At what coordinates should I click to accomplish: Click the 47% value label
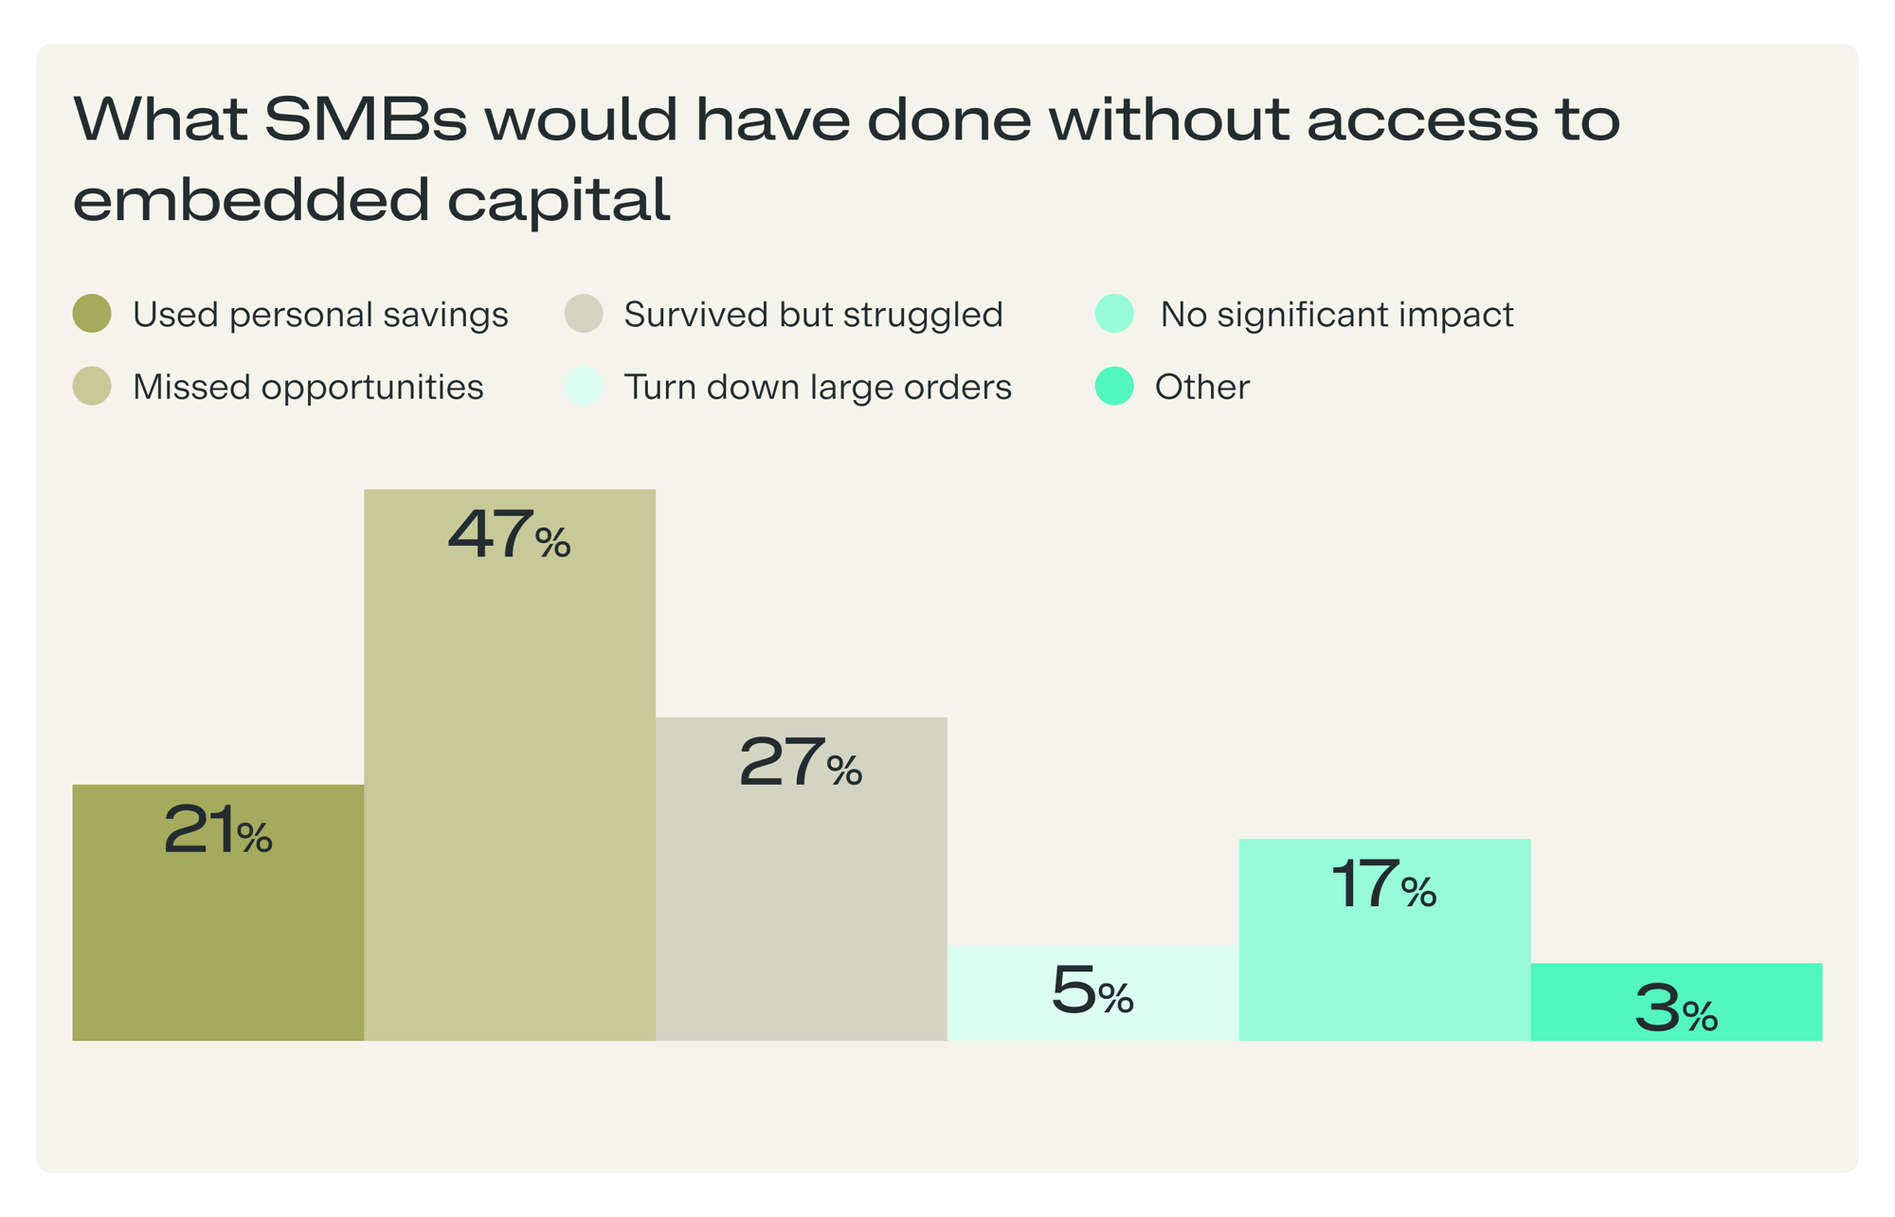pos(510,535)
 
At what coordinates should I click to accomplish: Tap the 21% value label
pos(218,831)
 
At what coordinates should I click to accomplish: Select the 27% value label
pos(801,762)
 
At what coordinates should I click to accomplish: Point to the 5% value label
pos(1092,990)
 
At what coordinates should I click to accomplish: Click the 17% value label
pos(1384,885)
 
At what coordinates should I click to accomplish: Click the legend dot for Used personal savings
pos(92,314)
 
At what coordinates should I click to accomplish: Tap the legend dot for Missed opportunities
pos(92,386)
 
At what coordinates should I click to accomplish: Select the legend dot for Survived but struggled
pos(584,314)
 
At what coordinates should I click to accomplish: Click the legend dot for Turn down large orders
pos(584,386)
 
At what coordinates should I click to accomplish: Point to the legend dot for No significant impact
pos(1114,314)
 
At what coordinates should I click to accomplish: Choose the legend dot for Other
pos(1114,386)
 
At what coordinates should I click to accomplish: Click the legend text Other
pos(1201,387)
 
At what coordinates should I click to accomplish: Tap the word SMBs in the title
pos(365,119)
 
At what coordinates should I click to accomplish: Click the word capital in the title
pos(558,200)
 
